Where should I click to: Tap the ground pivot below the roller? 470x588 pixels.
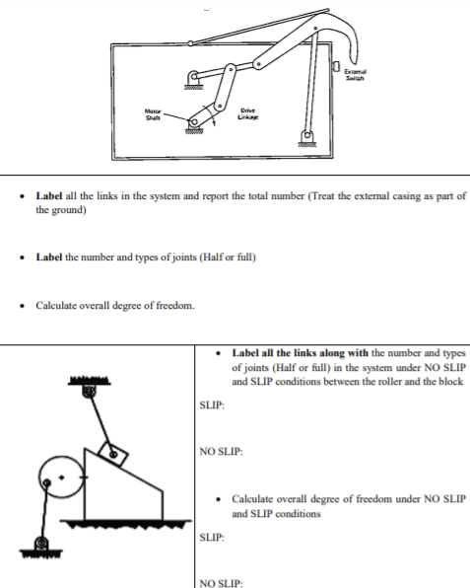(x=40, y=545)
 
